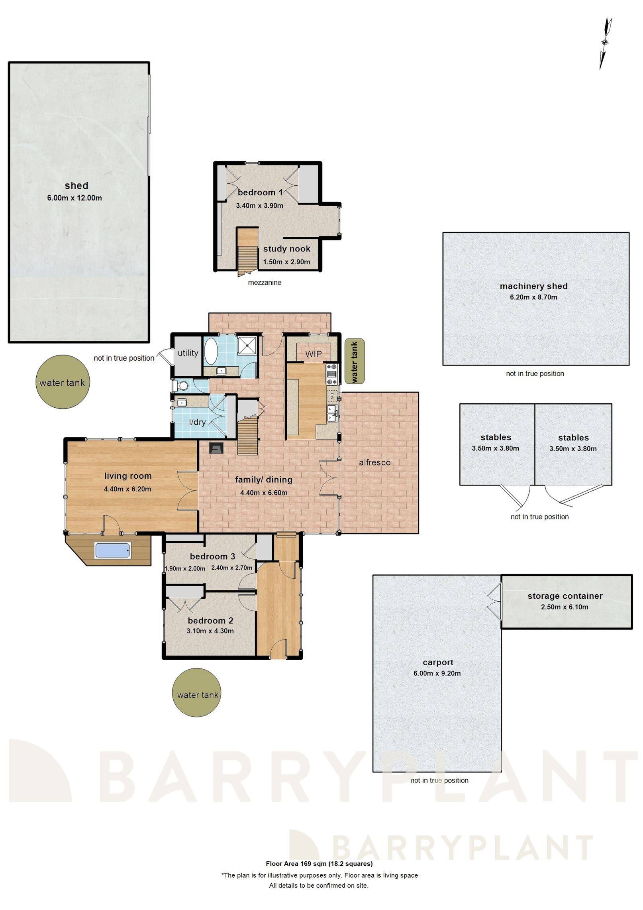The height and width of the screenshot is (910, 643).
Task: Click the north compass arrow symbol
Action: [605, 43]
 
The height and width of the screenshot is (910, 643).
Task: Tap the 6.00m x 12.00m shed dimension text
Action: [74, 198]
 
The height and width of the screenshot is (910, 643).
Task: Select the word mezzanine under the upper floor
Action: [265, 283]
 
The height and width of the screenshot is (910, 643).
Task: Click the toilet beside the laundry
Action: [181, 386]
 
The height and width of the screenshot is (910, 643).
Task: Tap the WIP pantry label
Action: [313, 354]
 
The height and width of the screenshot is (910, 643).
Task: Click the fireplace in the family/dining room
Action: [216, 449]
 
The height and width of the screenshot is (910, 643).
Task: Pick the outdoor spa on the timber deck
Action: [112, 550]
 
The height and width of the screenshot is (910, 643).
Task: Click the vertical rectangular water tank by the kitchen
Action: [354, 362]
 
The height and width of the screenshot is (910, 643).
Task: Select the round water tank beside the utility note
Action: [62, 383]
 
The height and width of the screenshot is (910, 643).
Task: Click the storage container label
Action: [565, 596]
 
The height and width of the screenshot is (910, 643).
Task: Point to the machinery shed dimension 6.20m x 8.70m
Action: [533, 297]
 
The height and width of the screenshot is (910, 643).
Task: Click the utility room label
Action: [188, 353]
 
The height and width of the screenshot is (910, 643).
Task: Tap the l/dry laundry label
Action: [197, 422]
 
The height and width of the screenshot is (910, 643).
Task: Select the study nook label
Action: [286, 249]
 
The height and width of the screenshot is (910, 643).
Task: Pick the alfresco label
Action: [374, 462]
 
